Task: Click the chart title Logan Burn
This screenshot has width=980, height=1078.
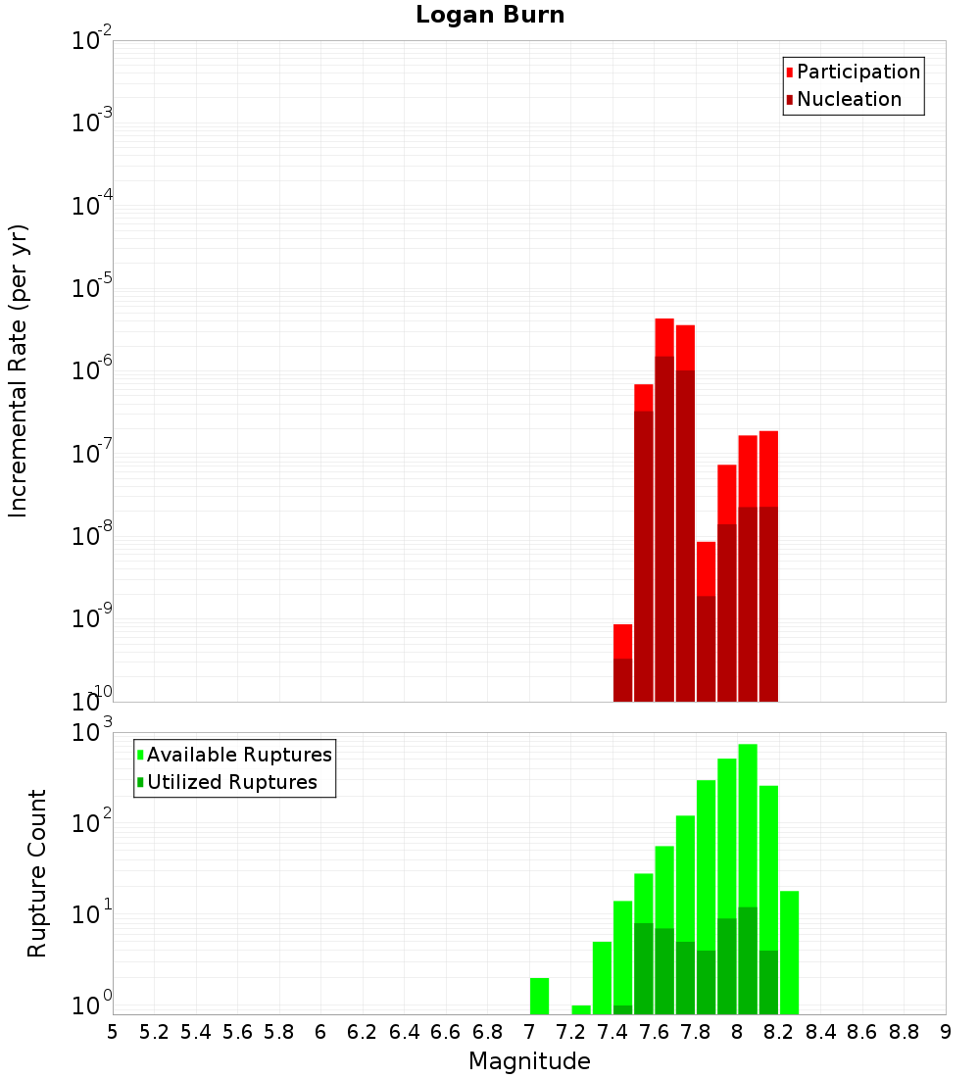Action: click(x=490, y=16)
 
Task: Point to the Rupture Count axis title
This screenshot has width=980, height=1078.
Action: click(x=37, y=873)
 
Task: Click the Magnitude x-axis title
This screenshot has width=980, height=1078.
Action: click(x=529, y=1061)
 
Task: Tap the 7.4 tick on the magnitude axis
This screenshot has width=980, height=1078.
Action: click(x=612, y=1032)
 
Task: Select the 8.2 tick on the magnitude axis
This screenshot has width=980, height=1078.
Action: click(x=779, y=1032)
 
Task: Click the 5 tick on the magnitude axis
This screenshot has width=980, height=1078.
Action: click(x=113, y=1032)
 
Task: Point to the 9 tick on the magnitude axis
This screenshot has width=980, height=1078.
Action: click(x=946, y=1032)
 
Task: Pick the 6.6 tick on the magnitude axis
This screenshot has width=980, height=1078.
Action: click(x=446, y=1032)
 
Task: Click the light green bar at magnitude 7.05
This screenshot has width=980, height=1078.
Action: click(x=539, y=995)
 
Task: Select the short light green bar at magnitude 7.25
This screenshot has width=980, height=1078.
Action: click(x=581, y=1009)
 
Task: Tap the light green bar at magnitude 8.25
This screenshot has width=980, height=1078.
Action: click(x=789, y=952)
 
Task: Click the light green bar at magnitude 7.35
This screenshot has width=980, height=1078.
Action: click(x=602, y=977)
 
